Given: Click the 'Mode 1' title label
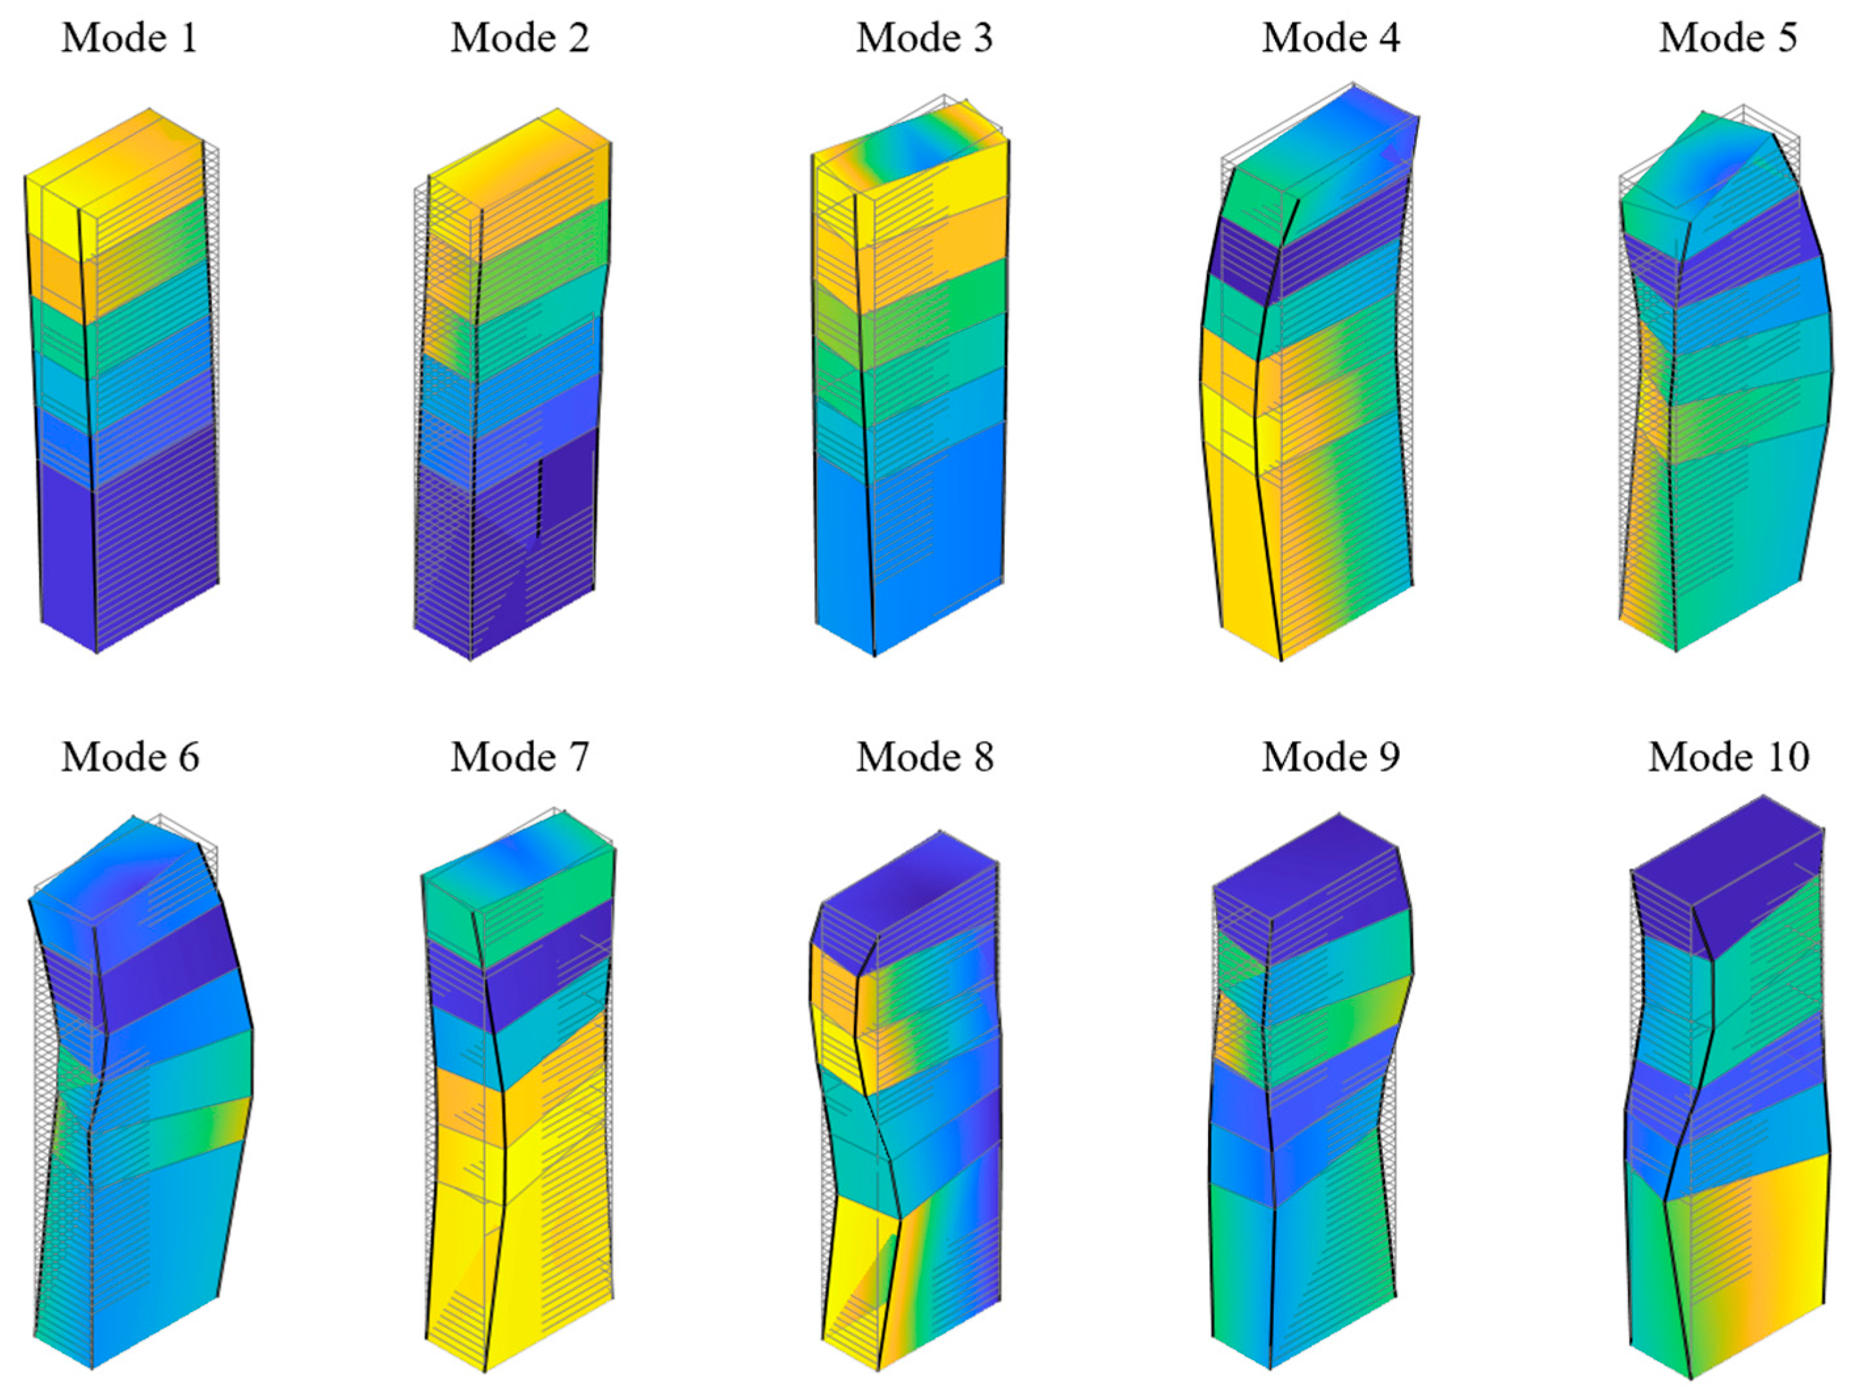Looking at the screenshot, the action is tap(130, 39).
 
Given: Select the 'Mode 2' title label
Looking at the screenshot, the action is tap(520, 39).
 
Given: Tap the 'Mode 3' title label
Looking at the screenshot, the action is tap(925, 39).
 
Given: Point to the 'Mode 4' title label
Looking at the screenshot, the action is tap(1331, 39).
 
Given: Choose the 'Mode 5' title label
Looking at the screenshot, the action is tap(1728, 39).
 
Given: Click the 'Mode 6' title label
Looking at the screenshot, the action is tap(131, 757).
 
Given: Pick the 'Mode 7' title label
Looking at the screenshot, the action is tap(520, 757).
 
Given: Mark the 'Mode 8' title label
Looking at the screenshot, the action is tap(925, 757).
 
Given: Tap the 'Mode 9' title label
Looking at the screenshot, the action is tap(1331, 757).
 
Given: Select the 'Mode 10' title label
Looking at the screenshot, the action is tap(1728, 757).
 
